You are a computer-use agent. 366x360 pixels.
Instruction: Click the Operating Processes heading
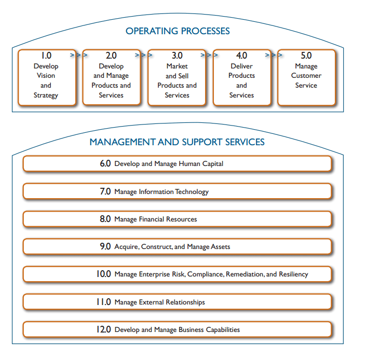pyautogui.click(x=177, y=31)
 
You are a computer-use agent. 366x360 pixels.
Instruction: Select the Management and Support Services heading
pyautogui.click(x=177, y=142)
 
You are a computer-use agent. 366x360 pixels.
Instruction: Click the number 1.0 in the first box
pyautogui.click(x=46, y=56)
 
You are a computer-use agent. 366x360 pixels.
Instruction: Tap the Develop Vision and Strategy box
pyautogui.click(x=46, y=78)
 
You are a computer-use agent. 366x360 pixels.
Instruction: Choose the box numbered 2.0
pyautogui.click(x=111, y=78)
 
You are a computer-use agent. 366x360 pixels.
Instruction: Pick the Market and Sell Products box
pyautogui.click(x=177, y=78)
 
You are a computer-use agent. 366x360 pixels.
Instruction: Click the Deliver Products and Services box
pyautogui.click(x=241, y=78)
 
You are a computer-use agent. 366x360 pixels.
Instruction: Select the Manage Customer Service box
pyautogui.click(x=306, y=78)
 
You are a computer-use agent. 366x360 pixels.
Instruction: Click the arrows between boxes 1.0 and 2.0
pyautogui.click(x=76, y=54)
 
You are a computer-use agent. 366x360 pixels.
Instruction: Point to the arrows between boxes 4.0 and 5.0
pyautogui.click(x=272, y=54)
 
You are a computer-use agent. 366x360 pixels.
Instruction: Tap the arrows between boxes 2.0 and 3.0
pyautogui.click(x=141, y=54)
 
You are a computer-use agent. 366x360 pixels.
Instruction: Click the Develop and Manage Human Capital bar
pyautogui.click(x=177, y=163)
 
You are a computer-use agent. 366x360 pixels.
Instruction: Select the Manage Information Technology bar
pyautogui.click(x=177, y=191)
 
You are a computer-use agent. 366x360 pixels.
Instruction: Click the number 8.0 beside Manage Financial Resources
pyautogui.click(x=105, y=219)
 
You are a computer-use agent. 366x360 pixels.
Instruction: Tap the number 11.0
pyautogui.click(x=104, y=302)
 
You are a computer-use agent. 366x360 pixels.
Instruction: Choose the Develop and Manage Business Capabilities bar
pyautogui.click(x=177, y=329)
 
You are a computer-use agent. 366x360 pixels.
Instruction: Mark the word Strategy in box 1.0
pyautogui.click(x=46, y=95)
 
